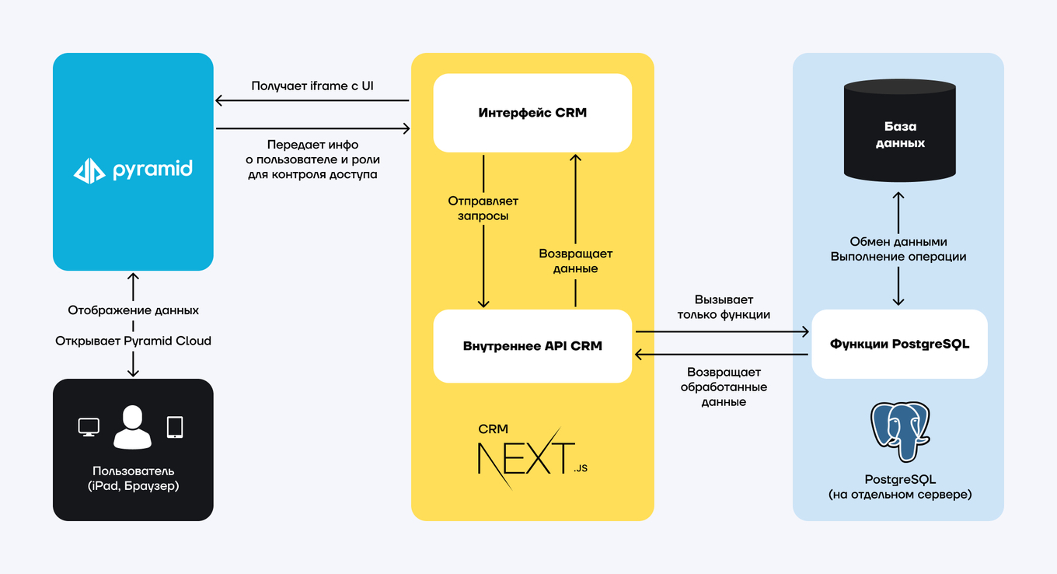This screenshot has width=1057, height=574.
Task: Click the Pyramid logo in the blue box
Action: (x=133, y=170)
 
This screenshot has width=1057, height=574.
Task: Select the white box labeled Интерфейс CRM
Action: (x=532, y=113)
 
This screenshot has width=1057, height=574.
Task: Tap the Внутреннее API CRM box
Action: (x=532, y=346)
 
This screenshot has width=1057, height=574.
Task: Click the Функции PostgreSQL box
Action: (x=899, y=344)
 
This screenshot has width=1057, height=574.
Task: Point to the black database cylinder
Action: (x=899, y=132)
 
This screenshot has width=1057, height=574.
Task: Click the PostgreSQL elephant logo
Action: (x=900, y=432)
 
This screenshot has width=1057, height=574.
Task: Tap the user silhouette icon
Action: (x=133, y=427)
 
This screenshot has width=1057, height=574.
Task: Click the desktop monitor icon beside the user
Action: (x=89, y=427)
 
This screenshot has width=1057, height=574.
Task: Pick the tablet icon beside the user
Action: (x=175, y=427)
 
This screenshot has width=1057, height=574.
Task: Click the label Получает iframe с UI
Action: (x=312, y=86)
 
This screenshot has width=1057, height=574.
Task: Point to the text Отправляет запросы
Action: (x=483, y=208)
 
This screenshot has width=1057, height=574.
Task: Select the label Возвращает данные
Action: (x=575, y=261)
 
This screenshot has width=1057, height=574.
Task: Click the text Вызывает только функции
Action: (x=724, y=307)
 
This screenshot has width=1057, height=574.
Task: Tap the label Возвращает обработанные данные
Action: (x=724, y=387)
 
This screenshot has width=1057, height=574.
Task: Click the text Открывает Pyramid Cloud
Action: (x=133, y=341)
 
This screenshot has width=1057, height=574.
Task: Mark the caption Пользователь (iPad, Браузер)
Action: (x=133, y=478)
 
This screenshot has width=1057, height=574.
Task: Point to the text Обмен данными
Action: (x=898, y=242)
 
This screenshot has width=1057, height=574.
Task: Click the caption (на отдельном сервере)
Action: (x=900, y=494)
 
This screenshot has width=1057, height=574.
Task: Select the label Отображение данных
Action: (x=133, y=310)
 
